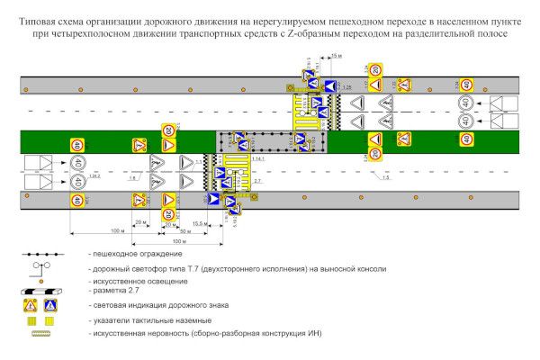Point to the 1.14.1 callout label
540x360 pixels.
click(258, 158)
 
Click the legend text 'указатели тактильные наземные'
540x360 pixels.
click(149, 320)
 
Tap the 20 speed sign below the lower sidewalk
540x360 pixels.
click(168, 215)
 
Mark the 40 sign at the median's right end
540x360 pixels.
click(465, 139)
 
